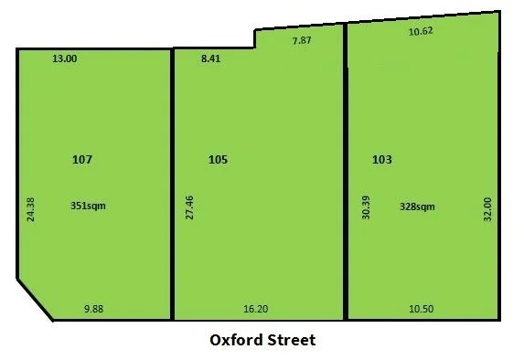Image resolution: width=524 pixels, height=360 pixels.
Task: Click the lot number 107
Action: coord(82,159)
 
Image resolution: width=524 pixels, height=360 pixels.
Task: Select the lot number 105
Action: coord(218,159)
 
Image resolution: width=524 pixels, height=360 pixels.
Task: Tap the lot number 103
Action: coord(382,159)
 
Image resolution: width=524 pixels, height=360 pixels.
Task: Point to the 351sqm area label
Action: coord(88,206)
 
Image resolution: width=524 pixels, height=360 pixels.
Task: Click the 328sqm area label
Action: coord(417,206)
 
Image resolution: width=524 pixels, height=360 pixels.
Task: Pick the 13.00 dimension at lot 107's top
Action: coord(65,58)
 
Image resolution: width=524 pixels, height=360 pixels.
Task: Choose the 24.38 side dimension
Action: coord(30,210)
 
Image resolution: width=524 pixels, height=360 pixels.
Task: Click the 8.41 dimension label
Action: coord(210,58)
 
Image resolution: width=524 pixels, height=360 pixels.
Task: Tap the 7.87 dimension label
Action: coord(302,40)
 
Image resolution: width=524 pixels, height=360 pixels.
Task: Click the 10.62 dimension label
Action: coord(419,31)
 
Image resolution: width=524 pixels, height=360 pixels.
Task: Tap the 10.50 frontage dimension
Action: coord(420,310)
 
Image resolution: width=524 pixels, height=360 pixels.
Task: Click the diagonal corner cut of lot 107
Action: coord(35,299)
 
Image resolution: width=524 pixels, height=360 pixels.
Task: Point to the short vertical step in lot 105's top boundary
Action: coord(255,38)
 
